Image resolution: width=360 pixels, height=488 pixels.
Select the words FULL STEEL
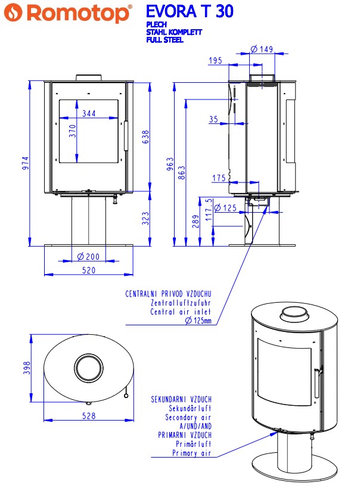[x=165, y=40]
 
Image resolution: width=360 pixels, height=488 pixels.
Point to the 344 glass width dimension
[x=89, y=113]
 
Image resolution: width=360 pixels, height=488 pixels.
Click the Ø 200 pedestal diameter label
[x=88, y=257]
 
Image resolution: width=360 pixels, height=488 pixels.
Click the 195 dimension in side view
[x=216, y=61]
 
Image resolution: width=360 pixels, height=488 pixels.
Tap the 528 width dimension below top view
[x=88, y=416]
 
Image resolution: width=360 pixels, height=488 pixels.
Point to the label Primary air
[x=191, y=453]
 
